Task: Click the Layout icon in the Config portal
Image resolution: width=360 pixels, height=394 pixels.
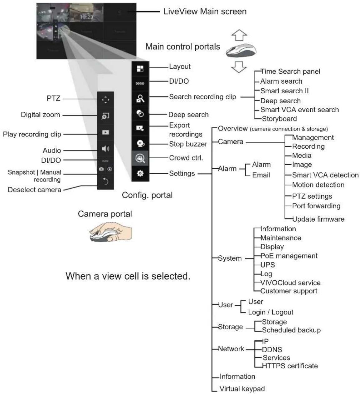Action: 140,69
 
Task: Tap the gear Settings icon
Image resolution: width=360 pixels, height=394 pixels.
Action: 140,173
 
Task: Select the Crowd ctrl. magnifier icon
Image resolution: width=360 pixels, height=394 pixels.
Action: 140,158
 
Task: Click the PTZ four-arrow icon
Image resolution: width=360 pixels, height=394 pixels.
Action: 105,100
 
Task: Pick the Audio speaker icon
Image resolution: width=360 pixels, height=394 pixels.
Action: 106,149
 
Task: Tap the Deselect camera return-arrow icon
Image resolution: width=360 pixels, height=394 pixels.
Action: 106,181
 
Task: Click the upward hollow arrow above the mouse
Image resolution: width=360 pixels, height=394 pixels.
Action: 239,35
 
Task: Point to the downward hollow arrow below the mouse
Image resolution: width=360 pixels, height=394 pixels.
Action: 239,67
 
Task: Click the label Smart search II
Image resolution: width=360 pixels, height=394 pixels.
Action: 285,91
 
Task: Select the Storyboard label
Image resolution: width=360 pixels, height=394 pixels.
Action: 279,119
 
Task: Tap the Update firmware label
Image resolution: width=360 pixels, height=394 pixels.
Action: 318,219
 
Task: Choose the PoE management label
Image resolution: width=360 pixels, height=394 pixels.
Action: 289,256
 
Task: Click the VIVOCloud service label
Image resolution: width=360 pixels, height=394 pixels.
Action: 290,283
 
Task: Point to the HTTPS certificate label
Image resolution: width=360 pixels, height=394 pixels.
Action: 290,366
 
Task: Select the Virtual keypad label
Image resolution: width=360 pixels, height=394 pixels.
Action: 242,388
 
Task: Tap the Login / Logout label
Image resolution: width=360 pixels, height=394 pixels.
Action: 271,312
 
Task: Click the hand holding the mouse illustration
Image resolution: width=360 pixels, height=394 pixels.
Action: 111,232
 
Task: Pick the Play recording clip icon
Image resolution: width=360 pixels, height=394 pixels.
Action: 106,132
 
